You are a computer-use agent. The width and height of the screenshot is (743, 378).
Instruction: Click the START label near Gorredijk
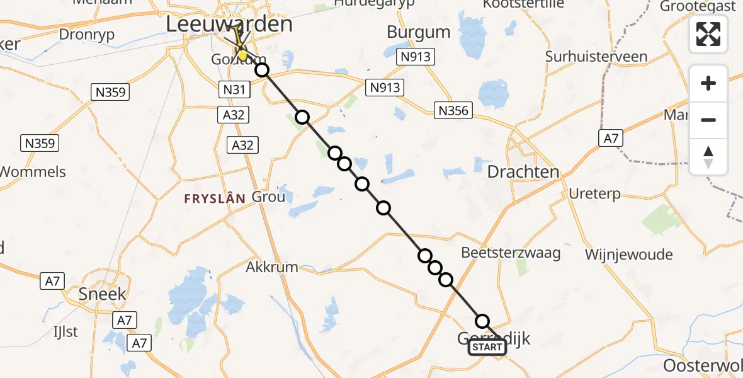487,347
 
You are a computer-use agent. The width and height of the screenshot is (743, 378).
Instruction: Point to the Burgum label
419,32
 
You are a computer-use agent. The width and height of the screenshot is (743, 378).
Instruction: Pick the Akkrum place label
271,267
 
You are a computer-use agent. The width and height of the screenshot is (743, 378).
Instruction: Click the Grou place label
269,197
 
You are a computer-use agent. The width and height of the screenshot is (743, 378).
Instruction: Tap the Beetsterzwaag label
511,253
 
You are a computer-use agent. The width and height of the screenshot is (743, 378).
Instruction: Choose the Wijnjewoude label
628,255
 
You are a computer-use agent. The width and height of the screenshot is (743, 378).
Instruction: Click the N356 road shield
453,111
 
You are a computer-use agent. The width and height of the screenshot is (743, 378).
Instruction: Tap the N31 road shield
234,90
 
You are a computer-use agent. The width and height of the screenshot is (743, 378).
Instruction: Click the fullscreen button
708,34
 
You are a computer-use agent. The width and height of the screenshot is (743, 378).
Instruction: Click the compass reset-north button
708,157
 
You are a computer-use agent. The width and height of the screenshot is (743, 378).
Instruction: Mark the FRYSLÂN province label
214,198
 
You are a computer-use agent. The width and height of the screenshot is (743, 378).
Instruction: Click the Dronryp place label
87,35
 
